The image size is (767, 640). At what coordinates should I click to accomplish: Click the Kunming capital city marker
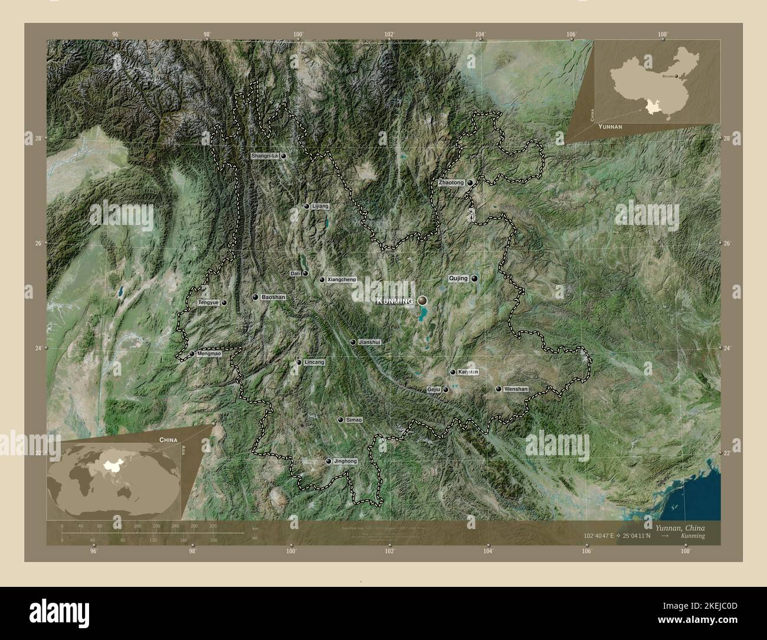click(x=422, y=301)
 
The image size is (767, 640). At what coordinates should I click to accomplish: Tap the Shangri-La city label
click(x=264, y=156)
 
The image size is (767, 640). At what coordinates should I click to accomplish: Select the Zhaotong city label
click(x=451, y=183)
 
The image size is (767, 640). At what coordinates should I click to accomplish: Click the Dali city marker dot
click(x=306, y=273)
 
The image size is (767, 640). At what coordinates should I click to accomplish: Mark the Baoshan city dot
click(x=255, y=297)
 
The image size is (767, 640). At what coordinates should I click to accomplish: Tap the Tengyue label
click(x=208, y=302)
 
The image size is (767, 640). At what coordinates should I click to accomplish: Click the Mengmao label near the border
click(x=209, y=354)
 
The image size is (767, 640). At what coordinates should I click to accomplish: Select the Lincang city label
click(x=314, y=362)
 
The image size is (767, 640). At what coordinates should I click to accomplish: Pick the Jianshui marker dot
click(x=353, y=342)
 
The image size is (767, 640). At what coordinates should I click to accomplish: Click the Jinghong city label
click(x=345, y=461)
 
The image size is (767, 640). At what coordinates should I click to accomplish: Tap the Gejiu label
click(x=434, y=390)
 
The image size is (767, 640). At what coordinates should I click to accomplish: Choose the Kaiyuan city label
click(x=468, y=372)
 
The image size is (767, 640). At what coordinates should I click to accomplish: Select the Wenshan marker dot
click(x=499, y=389)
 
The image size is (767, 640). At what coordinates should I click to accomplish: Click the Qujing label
click(x=458, y=278)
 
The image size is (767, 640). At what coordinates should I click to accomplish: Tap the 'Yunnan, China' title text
click(x=680, y=527)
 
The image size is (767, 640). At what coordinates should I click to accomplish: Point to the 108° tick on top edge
click(x=664, y=34)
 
